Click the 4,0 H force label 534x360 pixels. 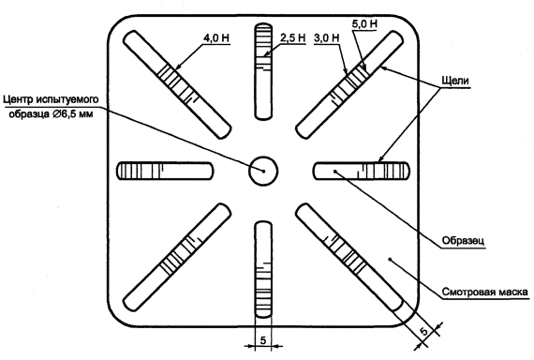(x=215, y=37)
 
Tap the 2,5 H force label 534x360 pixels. (x=293, y=37)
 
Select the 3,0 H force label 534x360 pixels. (x=327, y=37)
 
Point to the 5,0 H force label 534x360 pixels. (x=364, y=23)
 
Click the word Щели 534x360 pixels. (x=455, y=81)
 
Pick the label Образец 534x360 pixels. (x=463, y=240)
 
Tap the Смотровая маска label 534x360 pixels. (x=485, y=292)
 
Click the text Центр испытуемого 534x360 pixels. (x=51, y=99)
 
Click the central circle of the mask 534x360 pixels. (x=263, y=172)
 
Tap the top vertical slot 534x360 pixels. (x=263, y=71)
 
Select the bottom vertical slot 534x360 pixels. (x=263, y=270)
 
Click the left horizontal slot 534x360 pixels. (x=165, y=172)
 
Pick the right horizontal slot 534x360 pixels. (x=362, y=172)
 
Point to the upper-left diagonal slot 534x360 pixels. (x=177, y=84)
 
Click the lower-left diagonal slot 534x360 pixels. (x=177, y=258)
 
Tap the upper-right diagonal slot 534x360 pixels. (x=349, y=84)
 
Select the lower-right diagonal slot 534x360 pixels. (x=349, y=258)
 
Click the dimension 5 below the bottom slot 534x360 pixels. (x=263, y=340)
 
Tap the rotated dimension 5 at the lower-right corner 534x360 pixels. (x=423, y=331)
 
